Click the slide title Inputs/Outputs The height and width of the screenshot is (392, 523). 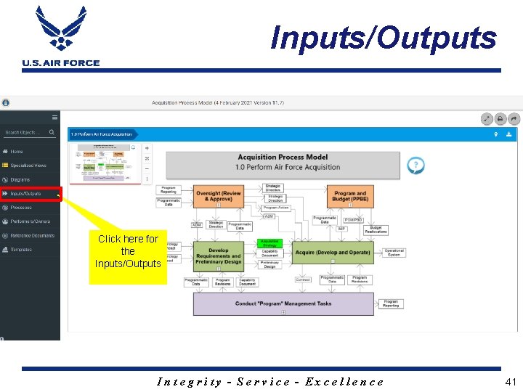point(383,38)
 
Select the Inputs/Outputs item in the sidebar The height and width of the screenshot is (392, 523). point(26,194)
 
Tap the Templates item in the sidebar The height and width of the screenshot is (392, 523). point(21,250)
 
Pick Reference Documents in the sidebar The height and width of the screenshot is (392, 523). point(32,235)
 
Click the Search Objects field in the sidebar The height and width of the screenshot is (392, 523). point(26,133)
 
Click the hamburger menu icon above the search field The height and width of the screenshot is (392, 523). point(54,117)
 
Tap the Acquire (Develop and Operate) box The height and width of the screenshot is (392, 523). point(333,253)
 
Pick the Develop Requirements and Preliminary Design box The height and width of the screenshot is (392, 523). point(219,255)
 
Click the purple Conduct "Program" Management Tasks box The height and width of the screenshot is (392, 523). point(283,304)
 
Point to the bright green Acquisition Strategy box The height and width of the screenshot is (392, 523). point(269,243)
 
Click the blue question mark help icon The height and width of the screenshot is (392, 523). point(415,166)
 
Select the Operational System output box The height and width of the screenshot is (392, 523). point(394,253)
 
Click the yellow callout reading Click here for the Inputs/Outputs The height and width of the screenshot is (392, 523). point(128,251)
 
